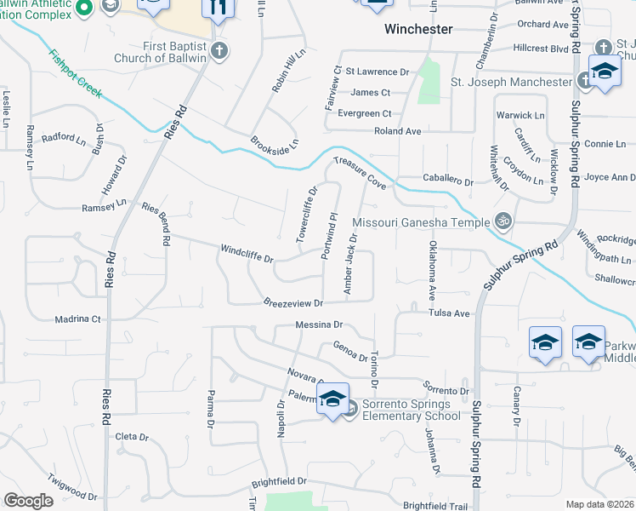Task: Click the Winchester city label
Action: pyautogui.click(x=418, y=29)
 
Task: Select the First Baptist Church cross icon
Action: pyautogui.click(x=219, y=50)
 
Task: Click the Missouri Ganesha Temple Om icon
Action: pyautogui.click(x=503, y=221)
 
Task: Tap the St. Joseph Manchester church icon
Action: pyautogui.click(x=585, y=82)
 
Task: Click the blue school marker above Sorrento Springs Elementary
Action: pyautogui.click(x=332, y=398)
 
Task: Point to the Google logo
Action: pyautogui.click(x=28, y=501)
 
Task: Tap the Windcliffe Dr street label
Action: pyautogui.click(x=247, y=253)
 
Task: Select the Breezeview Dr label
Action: pyautogui.click(x=293, y=303)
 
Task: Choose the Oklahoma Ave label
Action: pyautogui.click(x=432, y=269)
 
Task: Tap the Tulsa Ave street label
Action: pyautogui.click(x=450, y=313)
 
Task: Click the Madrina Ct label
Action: pyautogui.click(x=78, y=319)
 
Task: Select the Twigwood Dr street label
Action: pyautogui.click(x=72, y=488)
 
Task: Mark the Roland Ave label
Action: pyautogui.click(x=398, y=132)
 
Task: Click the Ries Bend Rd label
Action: pyautogui.click(x=155, y=220)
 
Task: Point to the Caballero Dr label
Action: pyautogui.click(x=447, y=181)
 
